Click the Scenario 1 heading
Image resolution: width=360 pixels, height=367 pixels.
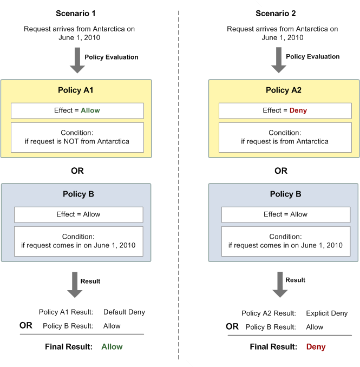[x=77, y=13]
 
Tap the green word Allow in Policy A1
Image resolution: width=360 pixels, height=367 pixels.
[x=90, y=110]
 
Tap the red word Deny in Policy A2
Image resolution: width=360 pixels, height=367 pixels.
[x=298, y=110]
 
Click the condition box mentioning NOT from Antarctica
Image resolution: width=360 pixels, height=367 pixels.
[x=77, y=137]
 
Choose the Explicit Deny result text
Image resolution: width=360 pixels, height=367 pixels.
[x=326, y=313]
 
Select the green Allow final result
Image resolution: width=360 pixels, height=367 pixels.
[x=112, y=346]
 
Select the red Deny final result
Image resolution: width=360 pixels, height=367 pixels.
[x=316, y=346]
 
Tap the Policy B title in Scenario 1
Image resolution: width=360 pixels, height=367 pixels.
[x=77, y=194]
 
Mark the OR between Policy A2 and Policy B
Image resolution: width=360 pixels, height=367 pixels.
[x=281, y=171]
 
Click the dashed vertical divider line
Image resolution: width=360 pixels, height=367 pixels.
[x=179, y=184]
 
